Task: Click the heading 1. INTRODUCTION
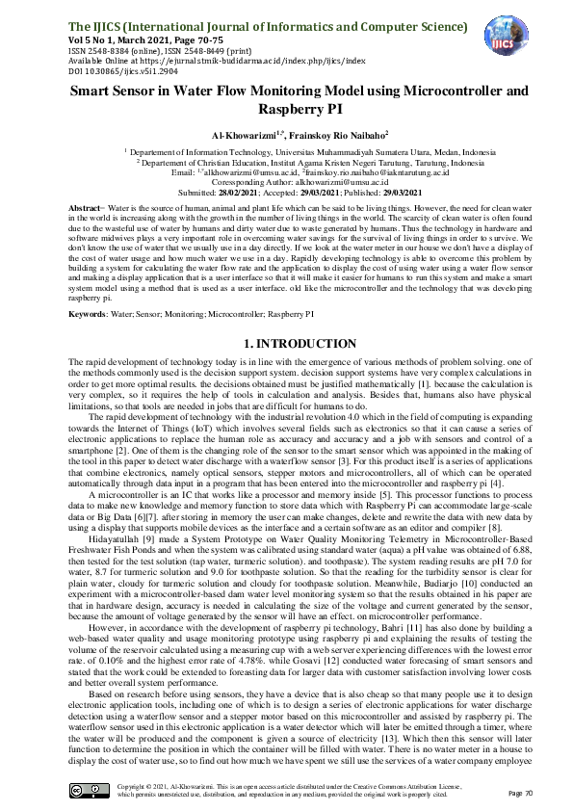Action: click(286, 262)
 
